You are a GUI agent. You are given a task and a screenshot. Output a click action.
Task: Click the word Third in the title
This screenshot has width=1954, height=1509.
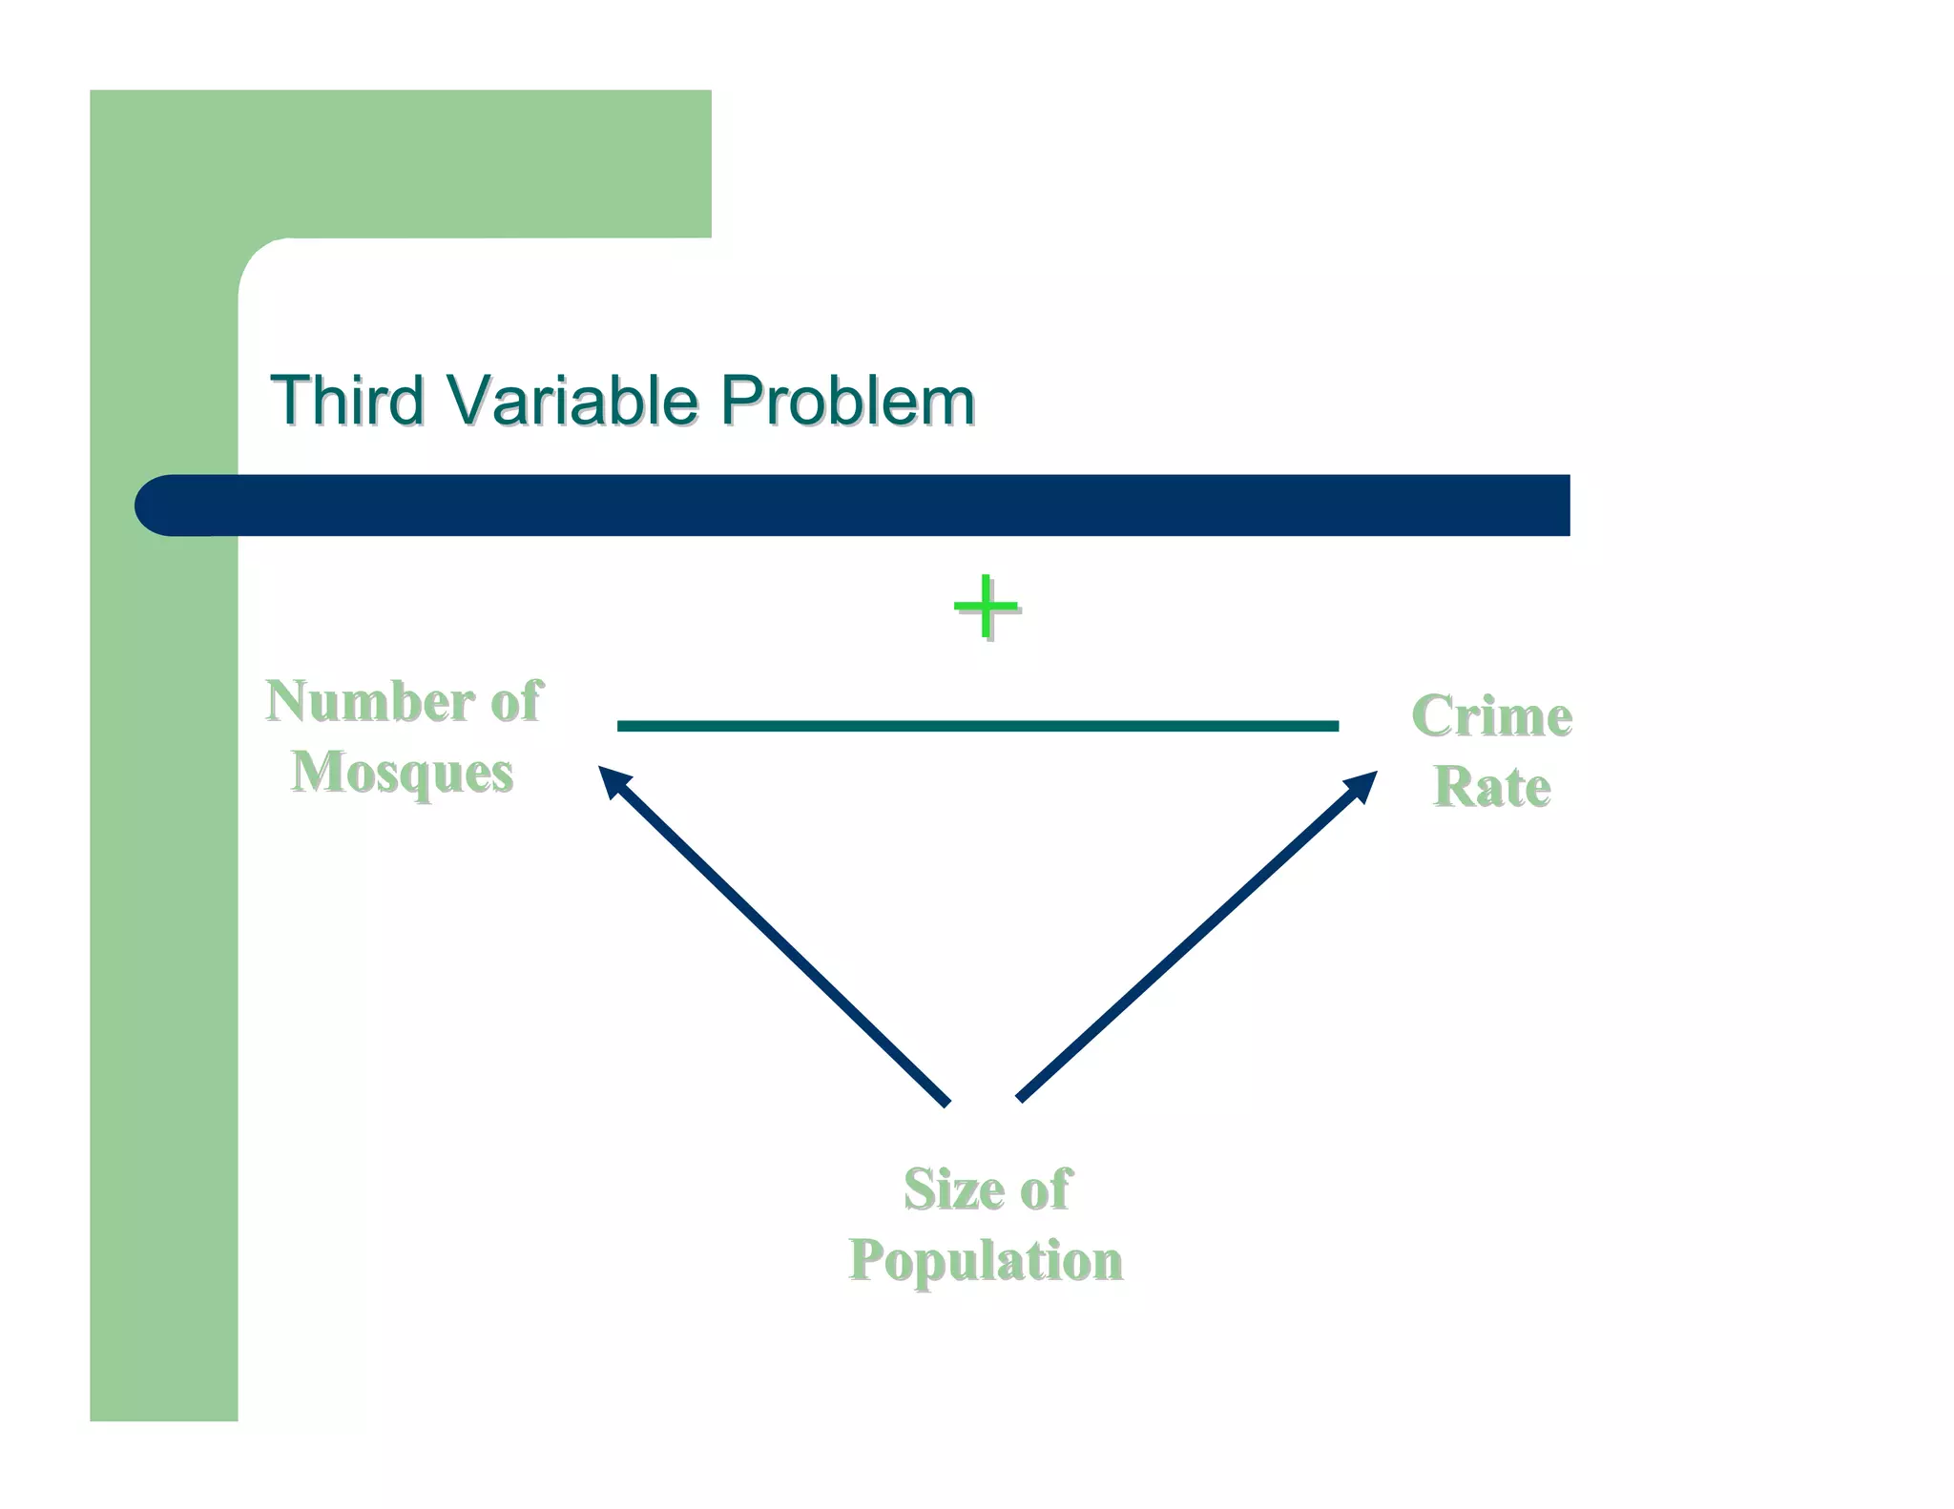click(347, 401)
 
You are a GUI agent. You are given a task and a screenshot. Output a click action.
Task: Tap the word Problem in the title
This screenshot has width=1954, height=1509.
click(846, 401)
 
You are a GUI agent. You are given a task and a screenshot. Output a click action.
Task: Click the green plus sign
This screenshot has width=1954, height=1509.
click(986, 607)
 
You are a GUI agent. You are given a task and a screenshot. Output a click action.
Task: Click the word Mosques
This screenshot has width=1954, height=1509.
click(402, 773)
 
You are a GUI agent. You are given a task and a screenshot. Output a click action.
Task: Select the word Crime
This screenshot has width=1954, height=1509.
click(1491, 716)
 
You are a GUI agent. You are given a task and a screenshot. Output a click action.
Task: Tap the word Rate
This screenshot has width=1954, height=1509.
click(1491, 787)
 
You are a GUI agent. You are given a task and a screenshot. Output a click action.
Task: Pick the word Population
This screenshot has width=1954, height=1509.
click(986, 1260)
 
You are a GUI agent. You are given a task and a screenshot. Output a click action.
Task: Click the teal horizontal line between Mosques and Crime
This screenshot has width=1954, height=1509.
click(977, 726)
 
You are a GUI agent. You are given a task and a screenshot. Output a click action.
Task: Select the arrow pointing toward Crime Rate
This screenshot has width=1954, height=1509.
click(1193, 939)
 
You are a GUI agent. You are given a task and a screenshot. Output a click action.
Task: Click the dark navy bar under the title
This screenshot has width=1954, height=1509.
click(859, 506)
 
